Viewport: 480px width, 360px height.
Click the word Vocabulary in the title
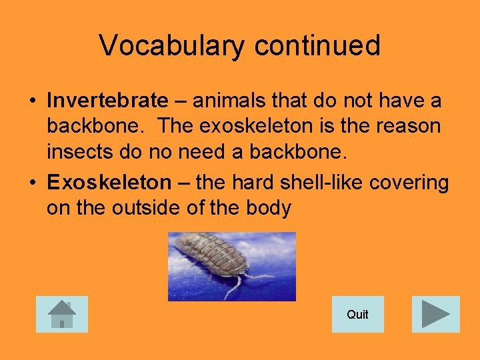tap(172, 46)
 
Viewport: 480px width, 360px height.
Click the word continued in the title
tap(317, 46)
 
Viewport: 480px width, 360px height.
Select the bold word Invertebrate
tap(107, 101)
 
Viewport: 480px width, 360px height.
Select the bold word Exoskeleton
tap(109, 182)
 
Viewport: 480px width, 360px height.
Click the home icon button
tap(62, 314)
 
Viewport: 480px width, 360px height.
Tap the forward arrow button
tap(436, 314)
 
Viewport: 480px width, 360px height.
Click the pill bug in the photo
tap(213, 257)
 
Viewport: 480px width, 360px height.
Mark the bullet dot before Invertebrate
tap(32, 101)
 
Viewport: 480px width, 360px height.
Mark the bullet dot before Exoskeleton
tap(32, 183)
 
